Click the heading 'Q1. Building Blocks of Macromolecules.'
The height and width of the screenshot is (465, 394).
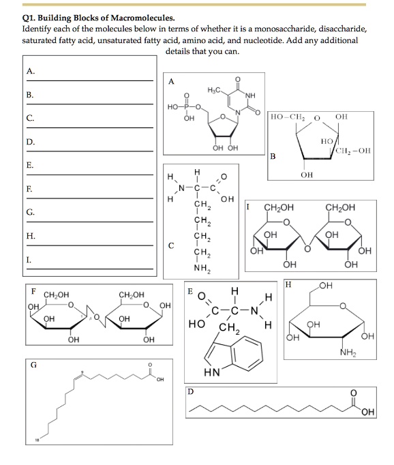(x=89, y=18)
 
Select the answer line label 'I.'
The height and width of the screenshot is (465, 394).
(x=29, y=260)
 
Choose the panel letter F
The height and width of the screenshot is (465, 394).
(x=32, y=291)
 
